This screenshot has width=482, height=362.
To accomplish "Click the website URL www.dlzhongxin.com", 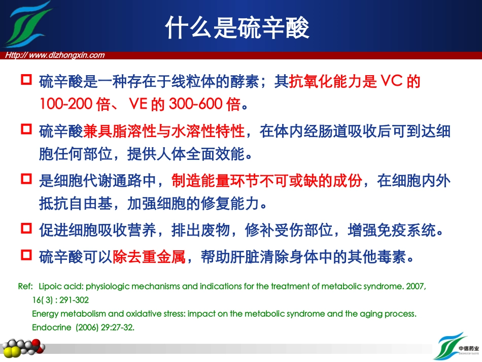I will [x=54, y=55].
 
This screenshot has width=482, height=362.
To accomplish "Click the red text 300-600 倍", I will [x=203, y=105].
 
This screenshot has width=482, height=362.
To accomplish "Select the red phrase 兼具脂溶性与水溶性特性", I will [x=164, y=131].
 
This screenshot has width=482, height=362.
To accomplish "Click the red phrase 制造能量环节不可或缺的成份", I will [x=267, y=180].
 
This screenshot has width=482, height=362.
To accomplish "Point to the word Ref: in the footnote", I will [x=25, y=286].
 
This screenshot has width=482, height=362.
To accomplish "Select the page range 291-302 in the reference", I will [x=75, y=300].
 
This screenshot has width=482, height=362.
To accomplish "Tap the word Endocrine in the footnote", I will [x=51, y=327].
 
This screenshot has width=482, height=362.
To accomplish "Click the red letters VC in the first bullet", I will [x=391, y=81].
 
